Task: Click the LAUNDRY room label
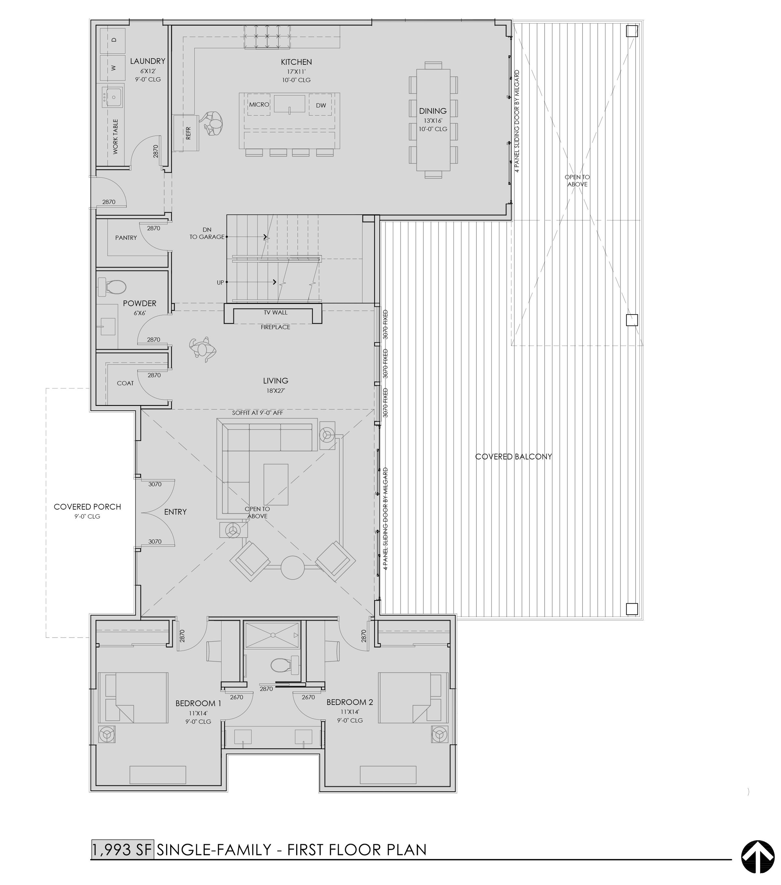(147, 61)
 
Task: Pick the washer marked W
(113, 67)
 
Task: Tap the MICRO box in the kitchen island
(259, 105)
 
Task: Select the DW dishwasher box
(321, 105)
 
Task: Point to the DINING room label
(433, 111)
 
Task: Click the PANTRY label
(126, 238)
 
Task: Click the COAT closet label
(126, 383)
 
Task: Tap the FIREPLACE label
(275, 327)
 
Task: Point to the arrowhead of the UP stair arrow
(275, 282)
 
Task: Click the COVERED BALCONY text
(514, 457)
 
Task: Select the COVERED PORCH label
(88, 507)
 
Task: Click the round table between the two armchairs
(293, 567)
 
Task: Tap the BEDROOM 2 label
(349, 702)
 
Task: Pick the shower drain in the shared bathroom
(273, 635)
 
